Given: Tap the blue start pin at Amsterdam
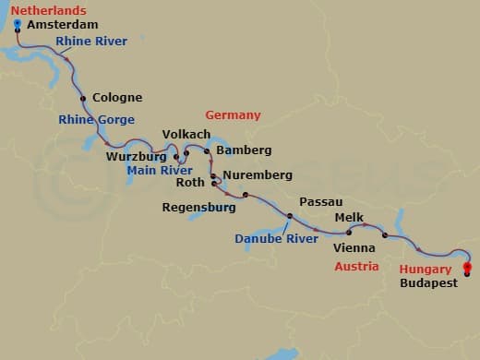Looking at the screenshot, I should tap(18, 23).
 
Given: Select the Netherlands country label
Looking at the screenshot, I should tap(42, 9).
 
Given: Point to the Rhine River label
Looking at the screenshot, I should tap(91, 42).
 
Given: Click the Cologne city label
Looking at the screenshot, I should tap(118, 98).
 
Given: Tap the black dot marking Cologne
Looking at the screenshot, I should tap(84, 98).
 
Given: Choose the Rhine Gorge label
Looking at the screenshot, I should tap(96, 120).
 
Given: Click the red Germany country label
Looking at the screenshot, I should tap(233, 115).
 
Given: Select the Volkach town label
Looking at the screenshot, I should tap(186, 135).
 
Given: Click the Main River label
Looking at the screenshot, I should tap(158, 171).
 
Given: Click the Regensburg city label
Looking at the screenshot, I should tap(198, 208).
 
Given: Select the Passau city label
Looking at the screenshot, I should tap(321, 202).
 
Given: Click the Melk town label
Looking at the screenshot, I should tap(348, 218).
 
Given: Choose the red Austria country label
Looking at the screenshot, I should tap(356, 267).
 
